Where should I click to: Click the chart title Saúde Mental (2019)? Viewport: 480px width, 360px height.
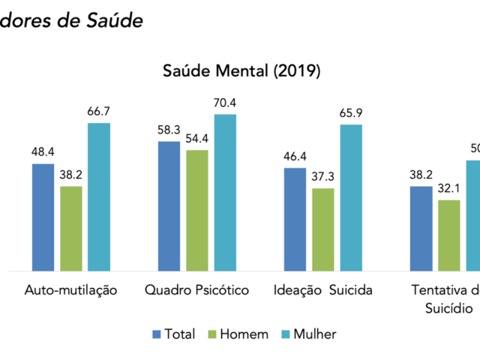coord(241,72)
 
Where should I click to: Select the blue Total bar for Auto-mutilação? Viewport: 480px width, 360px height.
coord(43,217)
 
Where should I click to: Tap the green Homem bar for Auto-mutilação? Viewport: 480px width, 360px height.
coord(70,228)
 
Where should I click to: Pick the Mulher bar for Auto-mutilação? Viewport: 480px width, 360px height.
coord(99,196)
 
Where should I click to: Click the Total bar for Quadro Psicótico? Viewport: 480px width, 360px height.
coord(169,205)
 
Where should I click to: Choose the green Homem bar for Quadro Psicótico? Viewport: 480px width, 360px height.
coord(197,210)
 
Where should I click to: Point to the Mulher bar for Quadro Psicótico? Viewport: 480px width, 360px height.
coord(225,192)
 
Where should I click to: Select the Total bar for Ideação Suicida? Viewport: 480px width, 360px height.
coord(295,219)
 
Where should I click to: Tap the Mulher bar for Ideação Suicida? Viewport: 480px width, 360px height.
coord(351,197)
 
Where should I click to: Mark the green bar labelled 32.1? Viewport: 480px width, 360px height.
coord(449,235)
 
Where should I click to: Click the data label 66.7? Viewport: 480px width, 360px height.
coord(99,112)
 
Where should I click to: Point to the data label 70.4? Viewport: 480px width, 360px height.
coord(225,103)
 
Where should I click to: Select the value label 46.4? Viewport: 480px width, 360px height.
coord(295,157)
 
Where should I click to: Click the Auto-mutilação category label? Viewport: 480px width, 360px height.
coord(70,290)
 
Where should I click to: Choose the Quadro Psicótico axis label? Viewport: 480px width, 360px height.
coord(196,290)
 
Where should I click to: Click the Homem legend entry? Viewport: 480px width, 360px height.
coord(235,334)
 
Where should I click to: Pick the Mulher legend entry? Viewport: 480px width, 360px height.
coord(309,334)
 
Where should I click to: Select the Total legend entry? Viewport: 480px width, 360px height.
coord(174,334)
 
